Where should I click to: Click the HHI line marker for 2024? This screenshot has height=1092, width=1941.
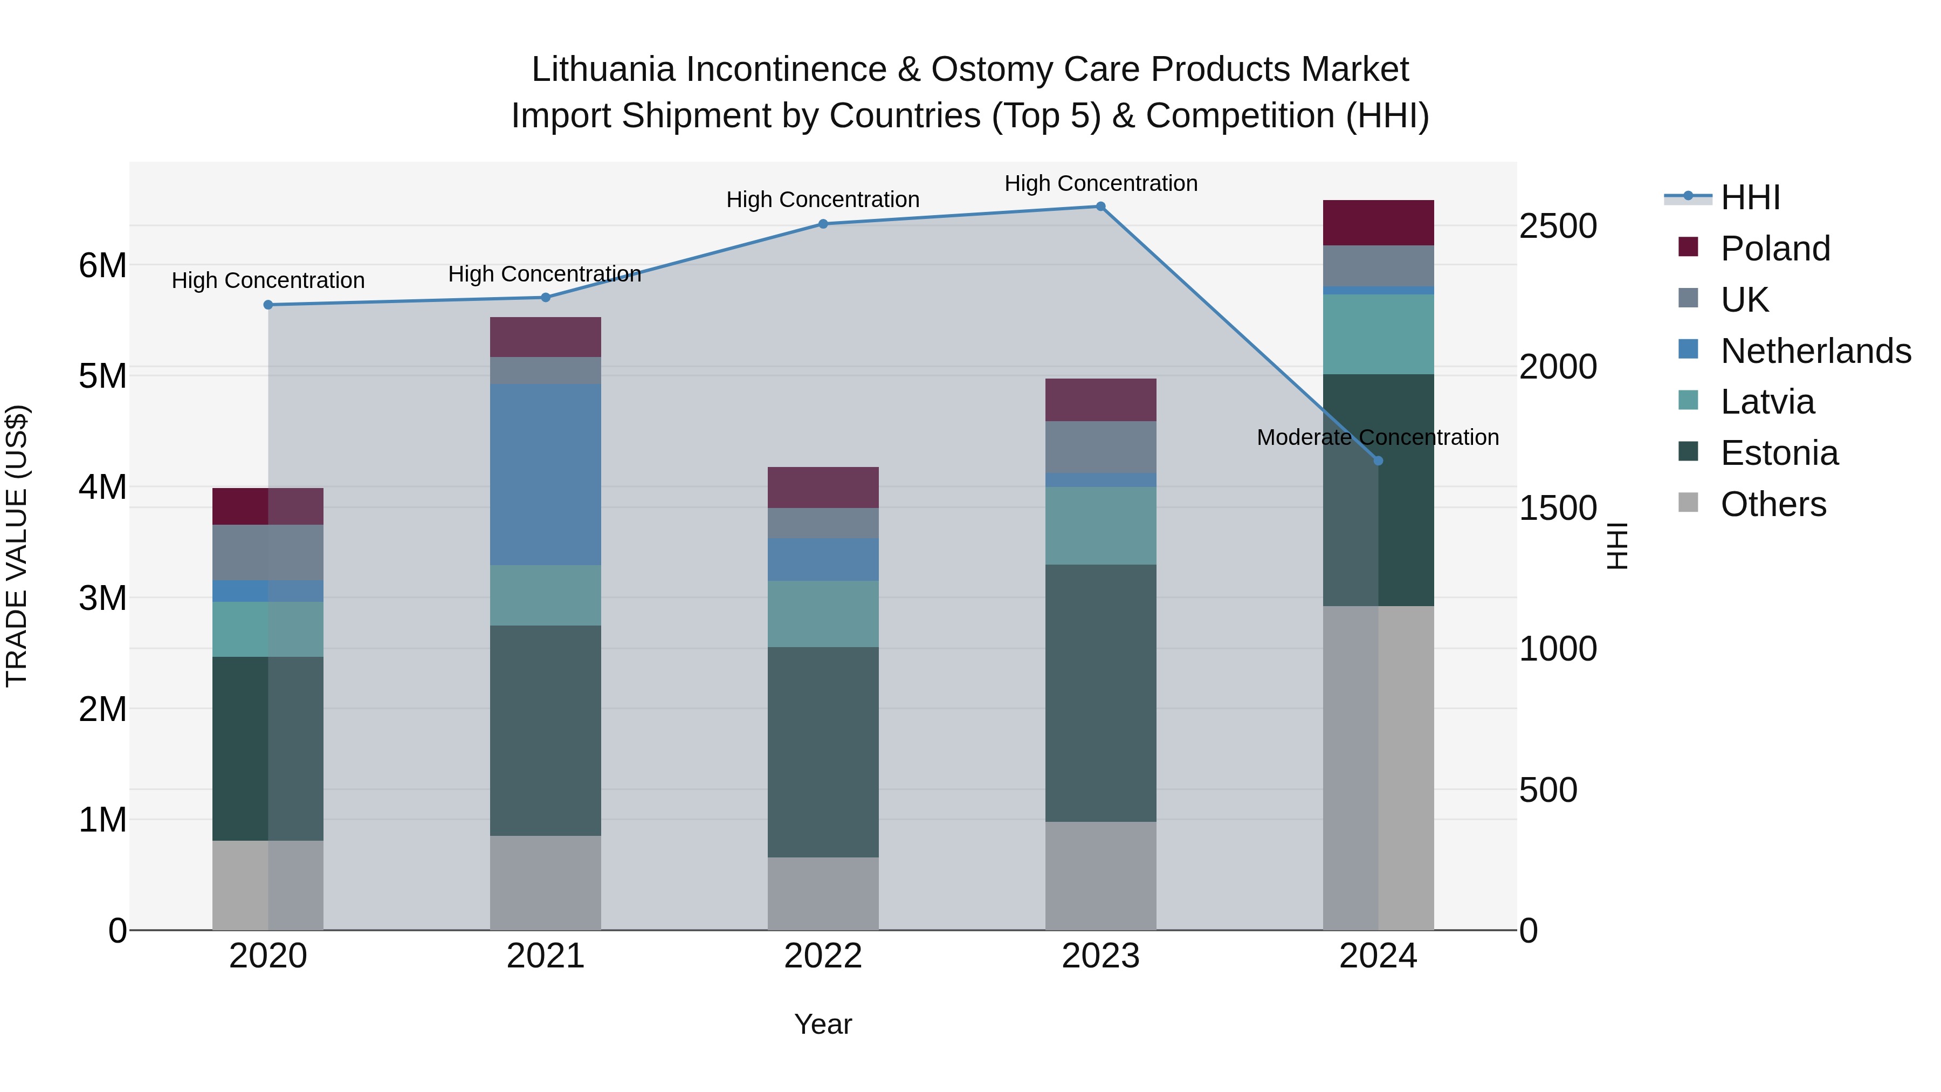point(1378,461)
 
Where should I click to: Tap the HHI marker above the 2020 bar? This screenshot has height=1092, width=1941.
point(269,305)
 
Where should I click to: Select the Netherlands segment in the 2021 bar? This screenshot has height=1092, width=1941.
point(546,474)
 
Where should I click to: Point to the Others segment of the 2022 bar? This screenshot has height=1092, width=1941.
point(823,893)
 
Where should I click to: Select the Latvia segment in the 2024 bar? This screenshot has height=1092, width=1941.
point(1378,334)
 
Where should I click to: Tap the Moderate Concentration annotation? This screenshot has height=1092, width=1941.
point(1378,437)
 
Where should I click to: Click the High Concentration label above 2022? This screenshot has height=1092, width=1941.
point(823,200)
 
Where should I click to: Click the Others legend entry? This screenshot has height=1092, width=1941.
point(1773,504)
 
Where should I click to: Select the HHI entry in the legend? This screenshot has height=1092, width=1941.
point(1750,197)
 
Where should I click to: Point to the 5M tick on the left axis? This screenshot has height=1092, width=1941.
point(102,376)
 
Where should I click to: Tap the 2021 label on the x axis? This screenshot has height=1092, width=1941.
point(546,956)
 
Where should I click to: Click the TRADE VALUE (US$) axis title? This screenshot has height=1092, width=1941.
point(17,546)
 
